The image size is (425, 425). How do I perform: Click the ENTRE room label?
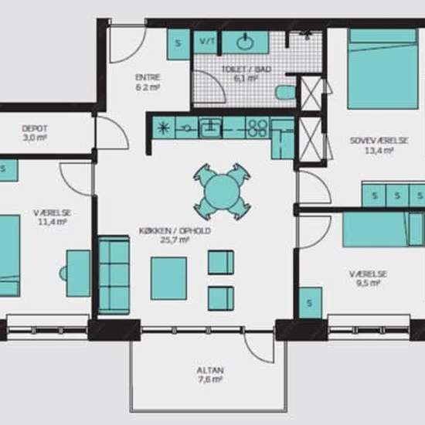[x=148, y=77]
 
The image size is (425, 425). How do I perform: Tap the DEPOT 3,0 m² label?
[x=35, y=133]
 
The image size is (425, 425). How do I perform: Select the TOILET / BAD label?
[x=246, y=69]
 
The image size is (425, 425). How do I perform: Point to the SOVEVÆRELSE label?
[x=379, y=141]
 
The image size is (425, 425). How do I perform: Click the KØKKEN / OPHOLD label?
[x=175, y=231]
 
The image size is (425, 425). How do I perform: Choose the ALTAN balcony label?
[x=210, y=370]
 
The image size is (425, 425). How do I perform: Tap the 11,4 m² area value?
[x=52, y=222]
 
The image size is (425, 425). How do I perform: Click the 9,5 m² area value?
[x=368, y=284]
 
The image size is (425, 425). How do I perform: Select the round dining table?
[x=222, y=192]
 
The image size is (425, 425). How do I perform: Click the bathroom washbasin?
[x=245, y=42]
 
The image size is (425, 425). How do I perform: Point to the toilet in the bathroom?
[x=285, y=92]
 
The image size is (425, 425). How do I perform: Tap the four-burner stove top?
[x=257, y=128]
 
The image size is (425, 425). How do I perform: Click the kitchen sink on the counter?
[x=210, y=128]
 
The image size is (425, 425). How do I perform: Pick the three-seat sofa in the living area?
[x=114, y=275]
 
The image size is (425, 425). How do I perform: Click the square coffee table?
[x=168, y=278]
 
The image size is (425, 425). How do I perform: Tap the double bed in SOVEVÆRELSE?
[x=382, y=69]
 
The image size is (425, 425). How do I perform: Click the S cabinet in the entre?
[x=178, y=44]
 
